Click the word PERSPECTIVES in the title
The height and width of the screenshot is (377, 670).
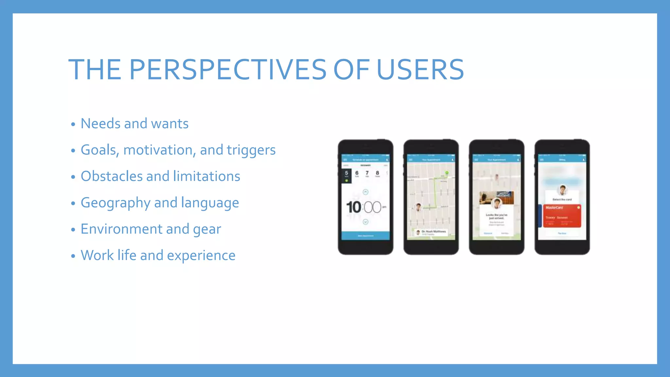(x=228, y=69)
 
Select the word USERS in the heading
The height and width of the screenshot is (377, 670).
(x=420, y=69)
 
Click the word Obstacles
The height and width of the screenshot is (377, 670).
(x=112, y=176)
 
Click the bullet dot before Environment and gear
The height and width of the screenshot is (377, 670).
(x=73, y=230)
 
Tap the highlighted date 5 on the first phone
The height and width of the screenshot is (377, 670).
(x=346, y=173)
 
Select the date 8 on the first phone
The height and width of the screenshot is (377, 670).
(x=377, y=173)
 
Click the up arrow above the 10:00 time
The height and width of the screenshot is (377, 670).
(x=365, y=192)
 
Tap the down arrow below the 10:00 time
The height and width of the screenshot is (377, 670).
(x=365, y=222)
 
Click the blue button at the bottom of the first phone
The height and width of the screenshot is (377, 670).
(x=365, y=236)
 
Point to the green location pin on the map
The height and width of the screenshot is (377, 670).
(x=447, y=172)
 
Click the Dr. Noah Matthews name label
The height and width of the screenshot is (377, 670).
(x=433, y=231)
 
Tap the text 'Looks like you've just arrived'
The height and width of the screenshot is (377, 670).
(x=496, y=216)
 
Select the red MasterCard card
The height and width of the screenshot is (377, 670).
(x=562, y=216)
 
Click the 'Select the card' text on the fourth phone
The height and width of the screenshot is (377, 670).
(x=562, y=199)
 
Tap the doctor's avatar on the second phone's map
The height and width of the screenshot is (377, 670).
(x=418, y=207)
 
